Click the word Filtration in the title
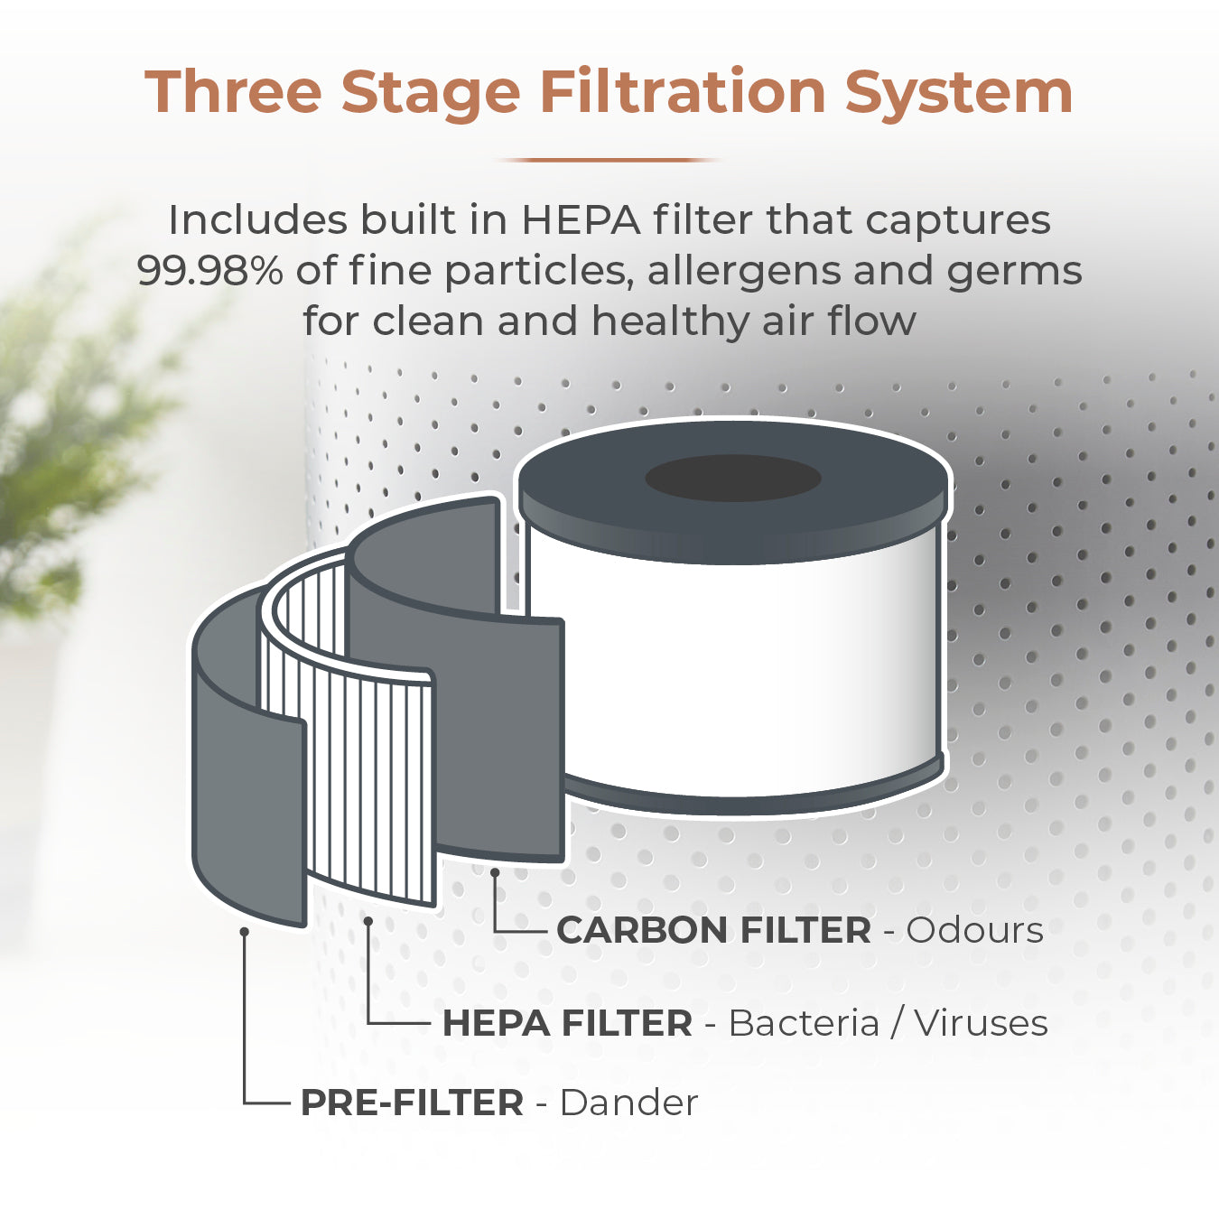click(683, 92)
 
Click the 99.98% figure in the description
click(210, 271)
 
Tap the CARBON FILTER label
click(713, 930)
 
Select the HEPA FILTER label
click(567, 1024)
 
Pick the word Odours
click(975, 930)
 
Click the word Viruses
click(982, 1023)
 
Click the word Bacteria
click(804, 1024)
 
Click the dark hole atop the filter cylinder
click(733, 478)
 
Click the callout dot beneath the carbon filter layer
click(494, 871)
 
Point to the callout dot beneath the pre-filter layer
click(244, 932)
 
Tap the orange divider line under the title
click(609, 160)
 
